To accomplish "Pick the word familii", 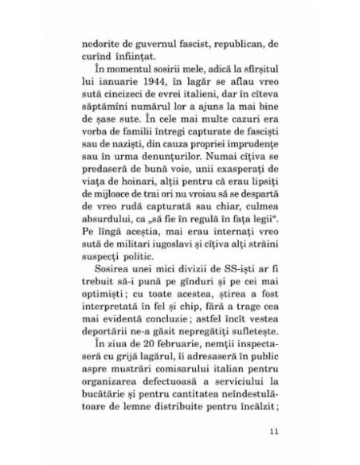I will [x=148, y=149].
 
